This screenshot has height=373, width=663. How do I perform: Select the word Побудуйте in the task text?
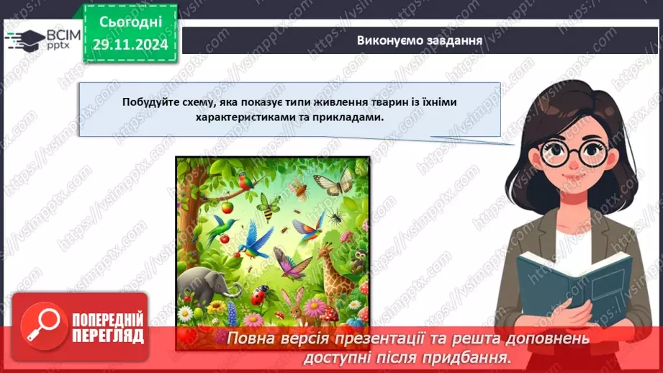coord(149,102)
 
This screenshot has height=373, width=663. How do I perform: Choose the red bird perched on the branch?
coord(247,182)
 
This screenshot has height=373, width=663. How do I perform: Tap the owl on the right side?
coord(358,260)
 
